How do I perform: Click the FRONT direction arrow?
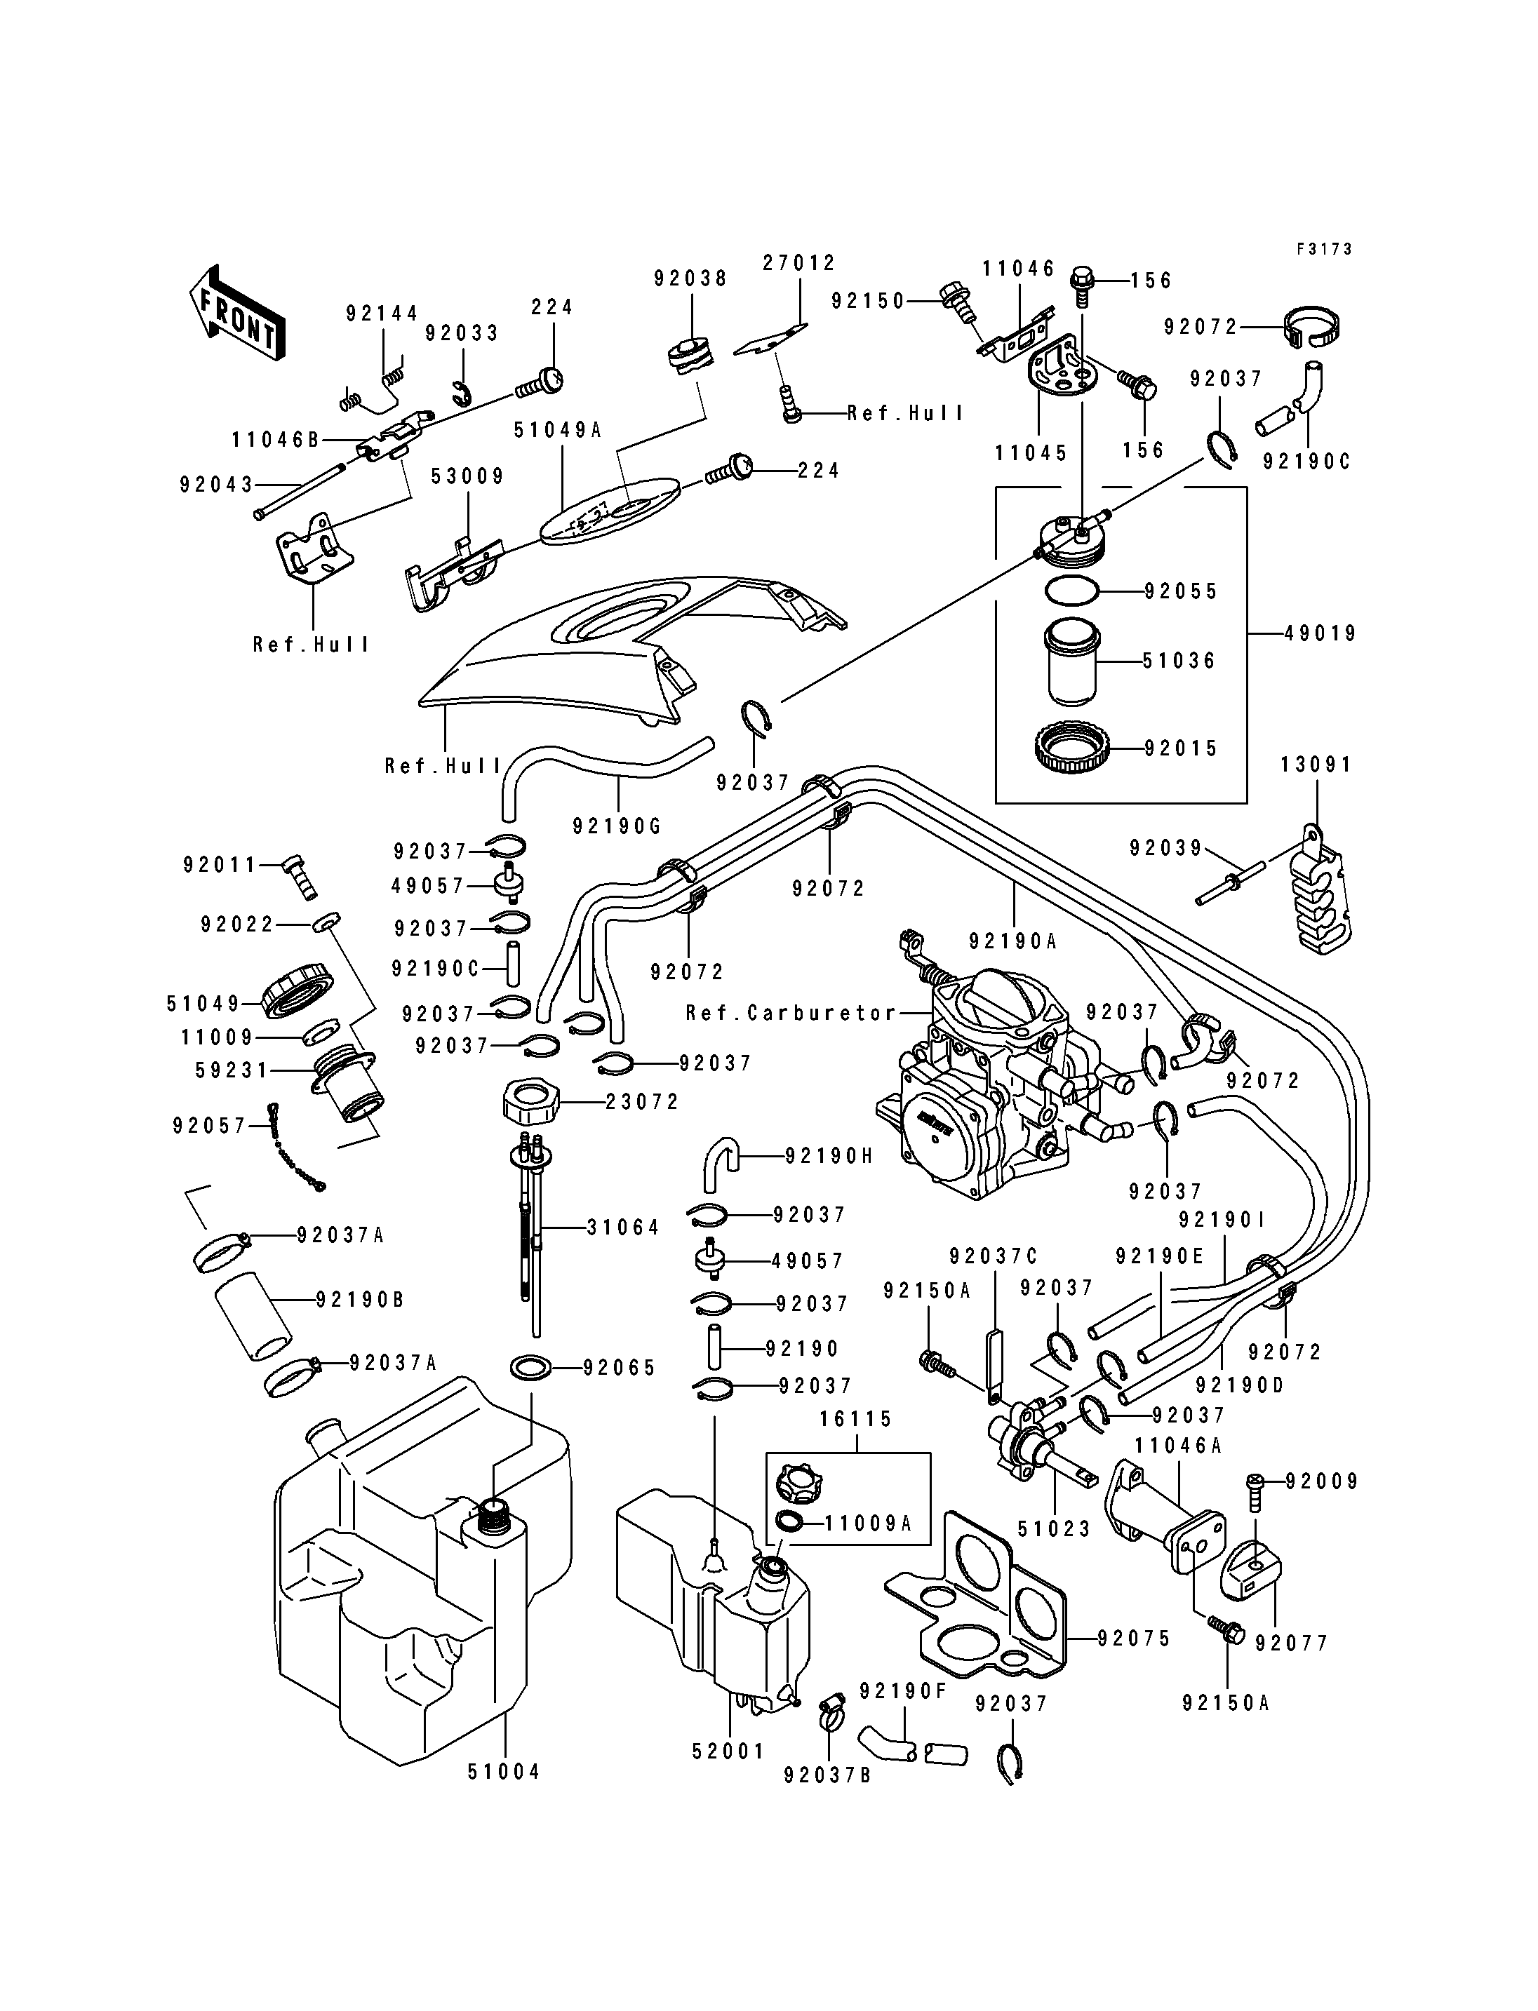click(236, 312)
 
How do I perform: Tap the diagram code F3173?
click(1324, 249)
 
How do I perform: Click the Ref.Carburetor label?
click(791, 1014)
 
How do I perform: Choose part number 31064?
click(622, 1228)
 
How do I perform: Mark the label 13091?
click(1316, 765)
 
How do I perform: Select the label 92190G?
click(616, 826)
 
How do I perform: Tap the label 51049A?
click(558, 429)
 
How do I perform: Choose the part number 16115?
click(856, 1419)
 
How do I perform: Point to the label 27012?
click(799, 264)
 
